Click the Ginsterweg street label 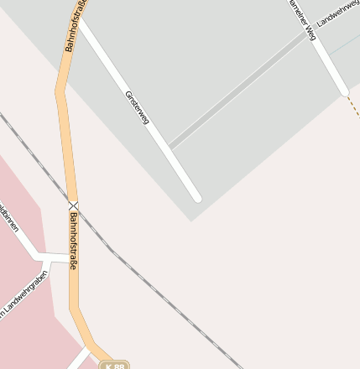tap(137, 108)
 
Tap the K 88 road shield tap(114, 366)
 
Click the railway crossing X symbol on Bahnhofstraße tap(73, 205)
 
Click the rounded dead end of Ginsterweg tap(196, 198)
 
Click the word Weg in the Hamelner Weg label tap(310, 32)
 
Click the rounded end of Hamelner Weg tap(342, 90)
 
